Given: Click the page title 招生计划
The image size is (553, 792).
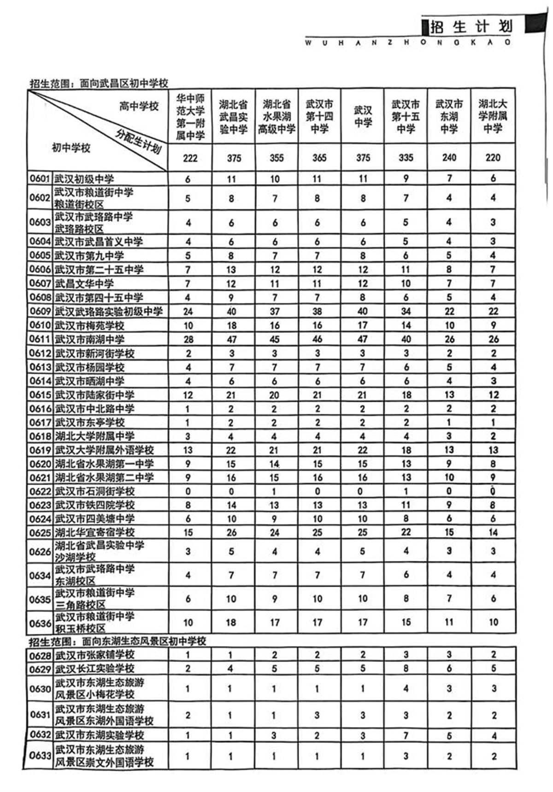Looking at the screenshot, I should pos(471,26).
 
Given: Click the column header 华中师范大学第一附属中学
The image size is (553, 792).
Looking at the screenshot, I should pos(190,117).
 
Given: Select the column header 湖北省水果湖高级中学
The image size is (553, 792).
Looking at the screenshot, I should pos(276,117).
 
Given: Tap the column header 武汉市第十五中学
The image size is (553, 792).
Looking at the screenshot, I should pos(406,117).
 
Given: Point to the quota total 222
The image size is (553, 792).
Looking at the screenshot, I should pos(190,158).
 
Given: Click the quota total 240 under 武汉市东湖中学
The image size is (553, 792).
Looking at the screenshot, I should pos(449,158).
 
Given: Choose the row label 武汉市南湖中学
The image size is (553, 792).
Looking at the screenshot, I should pos(90,339).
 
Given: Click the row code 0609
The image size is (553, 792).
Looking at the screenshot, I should pos(40,312).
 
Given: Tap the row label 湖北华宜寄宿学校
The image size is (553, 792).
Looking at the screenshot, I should pos(94,533).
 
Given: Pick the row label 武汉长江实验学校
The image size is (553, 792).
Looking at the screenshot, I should pos(94,668).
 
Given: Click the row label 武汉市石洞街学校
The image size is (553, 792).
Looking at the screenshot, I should pos(94,491).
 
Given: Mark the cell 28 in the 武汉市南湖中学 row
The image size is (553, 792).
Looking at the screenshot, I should pos(188,339).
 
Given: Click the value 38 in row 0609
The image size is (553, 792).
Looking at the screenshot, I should pos(317,312).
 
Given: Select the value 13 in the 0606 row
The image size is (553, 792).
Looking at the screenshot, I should pos(231,270).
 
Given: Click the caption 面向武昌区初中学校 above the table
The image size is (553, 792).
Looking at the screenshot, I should pos(124,83).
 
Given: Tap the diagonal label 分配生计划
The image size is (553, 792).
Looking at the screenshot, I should pos(138,142).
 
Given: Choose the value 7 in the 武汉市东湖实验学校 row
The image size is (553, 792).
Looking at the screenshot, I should pos(406,735).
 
